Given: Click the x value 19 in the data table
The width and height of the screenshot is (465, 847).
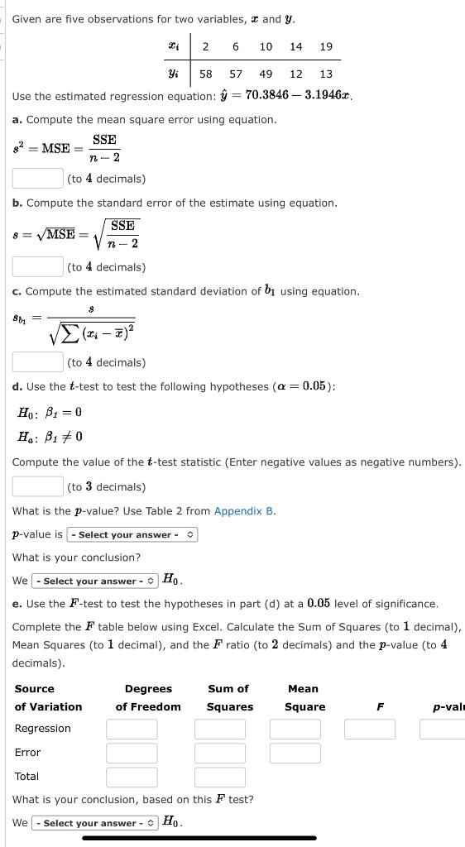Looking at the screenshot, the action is coord(326,46).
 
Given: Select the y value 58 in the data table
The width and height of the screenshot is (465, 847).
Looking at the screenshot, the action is coord(205,74).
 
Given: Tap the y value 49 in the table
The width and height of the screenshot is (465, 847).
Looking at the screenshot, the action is coord(266,74).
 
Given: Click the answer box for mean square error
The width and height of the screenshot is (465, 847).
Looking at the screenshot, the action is coord(38,178).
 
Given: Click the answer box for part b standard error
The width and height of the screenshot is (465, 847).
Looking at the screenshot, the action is coord(38,266).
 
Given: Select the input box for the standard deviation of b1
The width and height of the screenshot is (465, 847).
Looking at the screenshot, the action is coord(38,361).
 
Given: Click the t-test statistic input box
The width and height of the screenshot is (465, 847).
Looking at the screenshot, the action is coord(38,486).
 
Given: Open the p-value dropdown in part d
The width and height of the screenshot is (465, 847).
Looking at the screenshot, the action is coord(132,534).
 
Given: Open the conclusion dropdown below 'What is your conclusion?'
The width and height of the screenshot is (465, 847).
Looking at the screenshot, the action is coord(93,581).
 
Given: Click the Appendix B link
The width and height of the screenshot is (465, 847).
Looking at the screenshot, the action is coord(244,511).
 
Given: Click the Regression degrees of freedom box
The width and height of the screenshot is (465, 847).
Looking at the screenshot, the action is coord(132,729).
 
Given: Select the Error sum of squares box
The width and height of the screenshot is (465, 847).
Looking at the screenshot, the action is coord(220,753).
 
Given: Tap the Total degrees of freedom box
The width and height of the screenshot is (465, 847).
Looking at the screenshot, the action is coord(132,777).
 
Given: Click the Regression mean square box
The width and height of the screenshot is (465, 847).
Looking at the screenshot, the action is coord(295,729).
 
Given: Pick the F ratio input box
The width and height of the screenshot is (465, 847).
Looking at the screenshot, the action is coord(370,729).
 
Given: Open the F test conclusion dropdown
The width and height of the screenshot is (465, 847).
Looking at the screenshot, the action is coord(93,823).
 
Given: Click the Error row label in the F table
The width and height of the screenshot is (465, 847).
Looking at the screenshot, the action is coord(27,753).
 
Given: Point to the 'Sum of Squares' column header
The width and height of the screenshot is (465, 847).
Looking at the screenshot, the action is coord(229,697).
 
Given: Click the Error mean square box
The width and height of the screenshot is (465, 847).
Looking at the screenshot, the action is coord(295,753).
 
